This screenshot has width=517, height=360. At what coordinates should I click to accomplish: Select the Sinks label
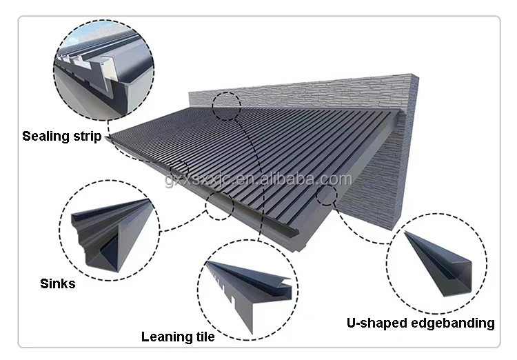tap(58, 283)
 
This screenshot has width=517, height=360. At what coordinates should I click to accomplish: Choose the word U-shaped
tap(378, 323)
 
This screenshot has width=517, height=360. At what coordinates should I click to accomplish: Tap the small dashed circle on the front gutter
tap(220, 206)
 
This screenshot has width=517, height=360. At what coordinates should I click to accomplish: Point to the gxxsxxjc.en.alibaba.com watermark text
tap(259, 180)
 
